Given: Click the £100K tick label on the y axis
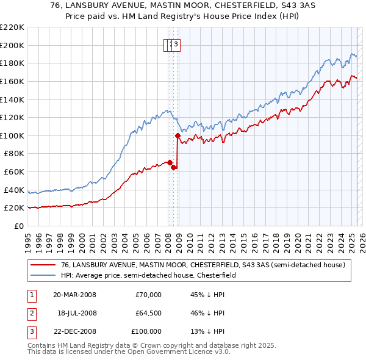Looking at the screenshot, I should click(x=12, y=135).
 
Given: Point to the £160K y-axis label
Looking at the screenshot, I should click(x=12, y=81).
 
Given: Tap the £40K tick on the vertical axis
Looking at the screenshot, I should click(x=14, y=190).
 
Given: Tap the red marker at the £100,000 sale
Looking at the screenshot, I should click(x=178, y=135).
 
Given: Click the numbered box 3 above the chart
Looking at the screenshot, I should click(x=176, y=44).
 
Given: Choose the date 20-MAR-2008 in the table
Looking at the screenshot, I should click(x=75, y=295).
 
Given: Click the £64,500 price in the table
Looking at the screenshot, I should click(x=148, y=313).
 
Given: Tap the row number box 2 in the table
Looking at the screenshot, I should click(x=31, y=313).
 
